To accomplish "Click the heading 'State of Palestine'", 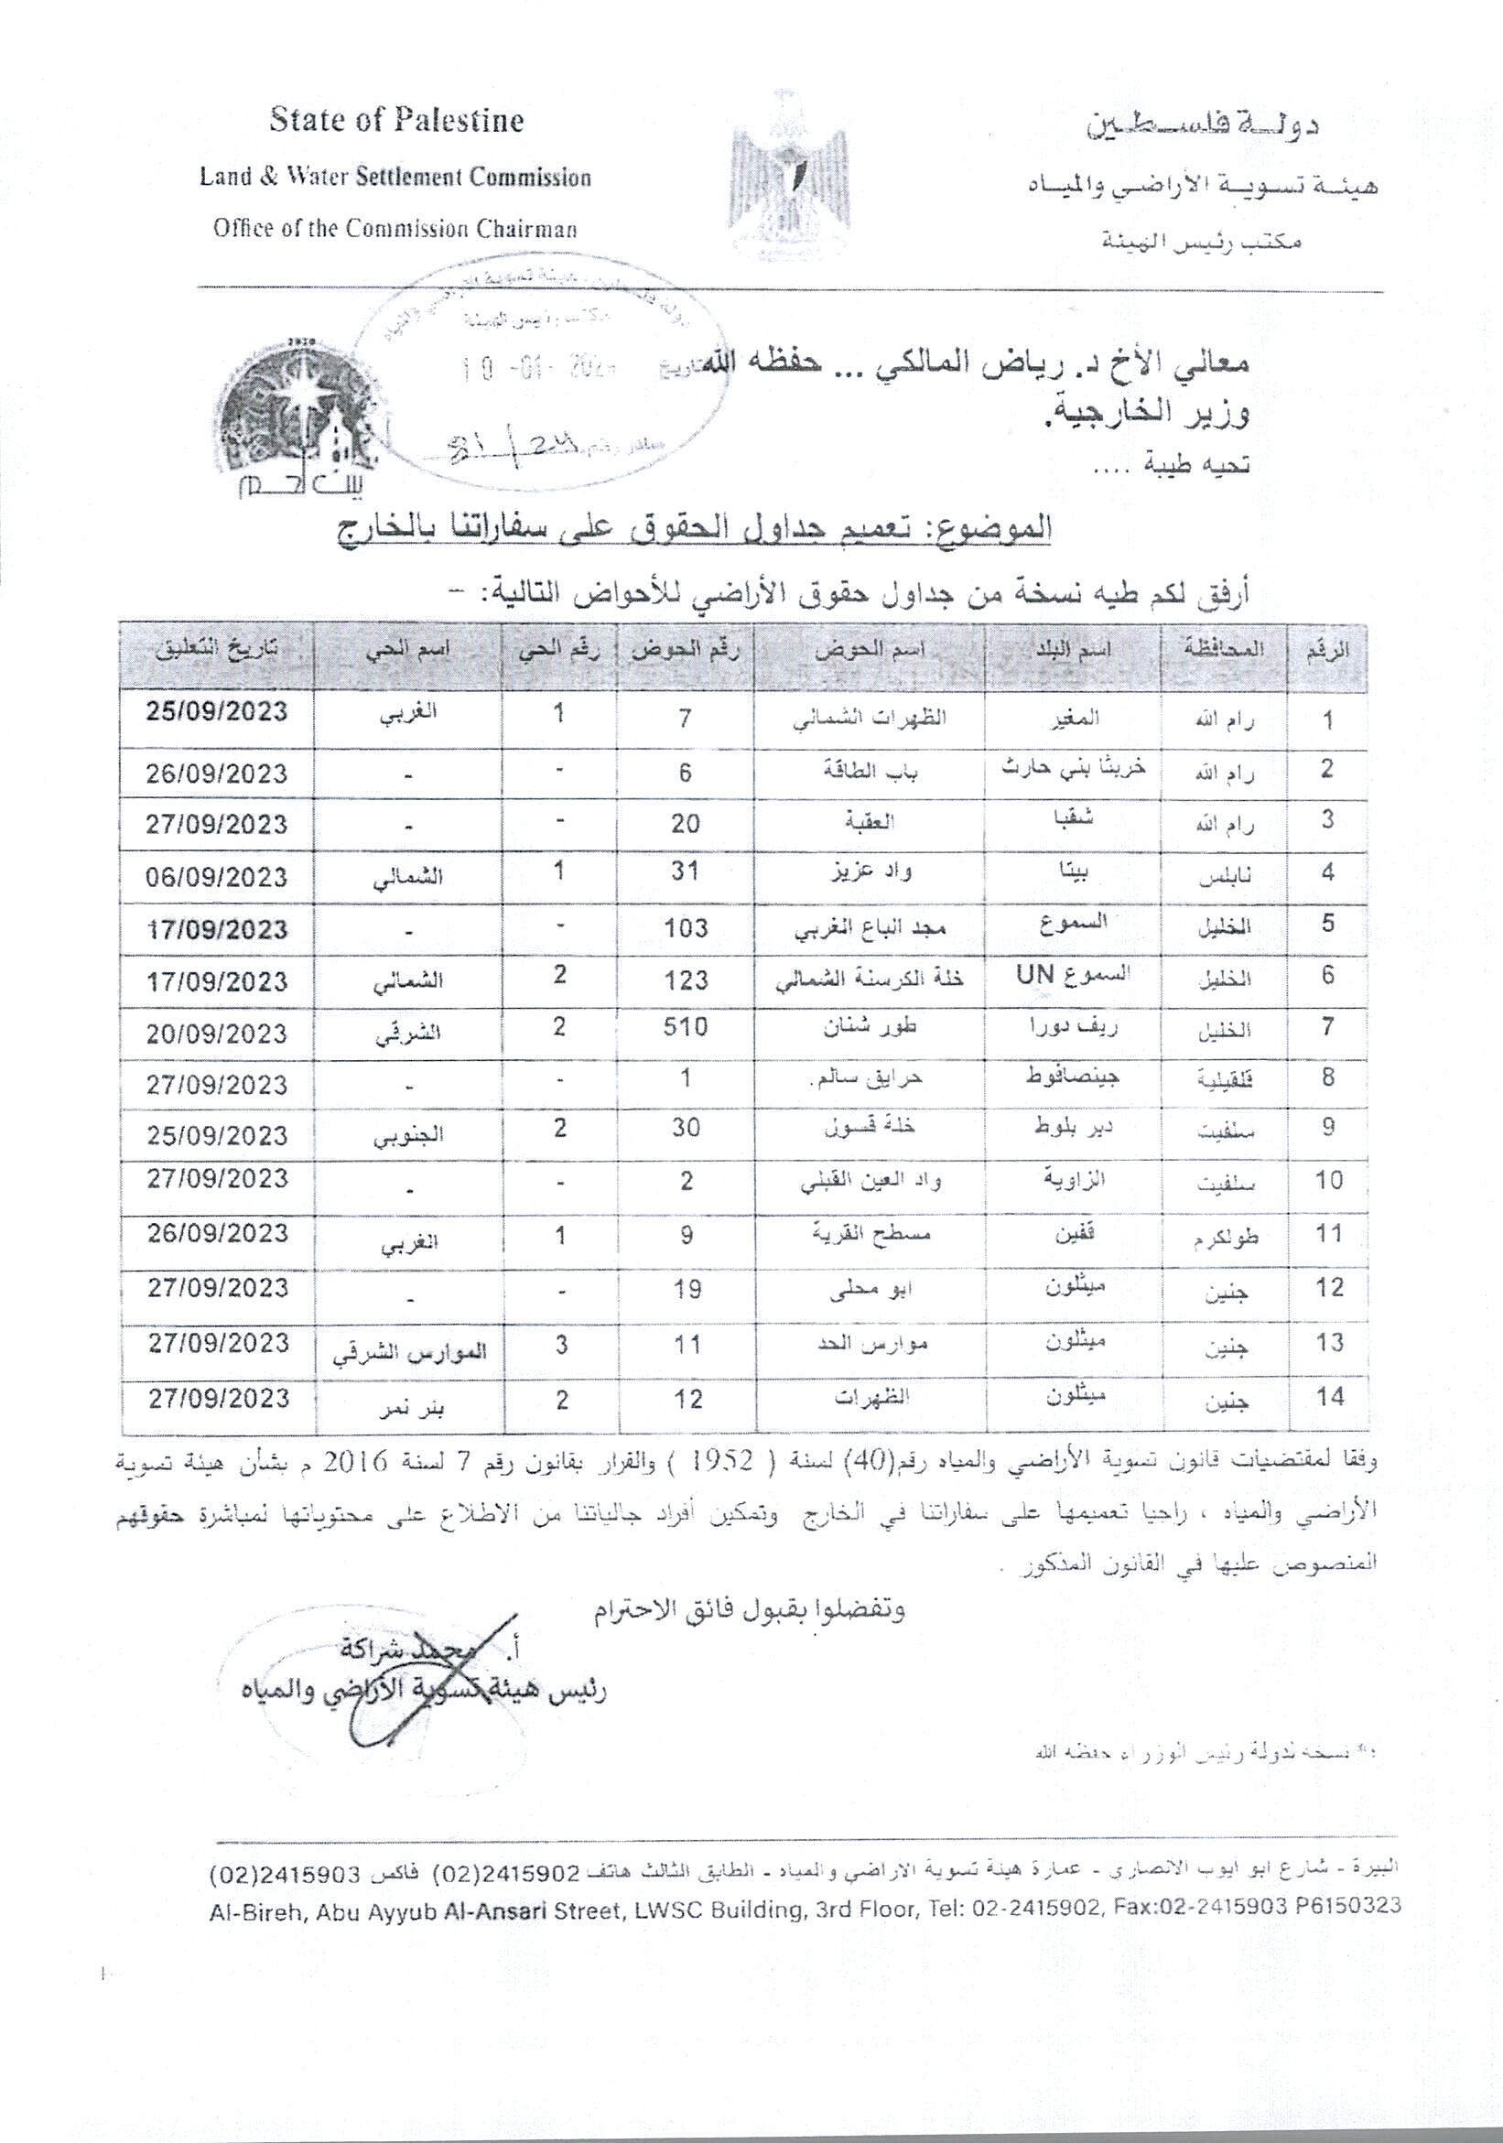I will tap(395, 121).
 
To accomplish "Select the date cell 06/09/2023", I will tap(216, 876).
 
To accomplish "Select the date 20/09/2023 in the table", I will tap(216, 1034).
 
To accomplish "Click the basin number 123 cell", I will tap(686, 980).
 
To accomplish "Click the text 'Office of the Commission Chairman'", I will tap(395, 229).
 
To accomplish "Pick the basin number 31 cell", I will tap(686, 871).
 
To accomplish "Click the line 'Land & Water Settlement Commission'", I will tap(395, 178).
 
